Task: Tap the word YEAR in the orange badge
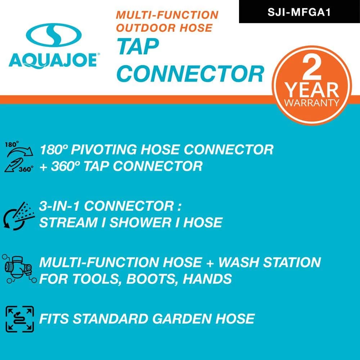[312, 90]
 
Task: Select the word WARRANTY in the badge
[312, 103]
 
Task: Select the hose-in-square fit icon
[20, 319]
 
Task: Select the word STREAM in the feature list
[68, 223]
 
